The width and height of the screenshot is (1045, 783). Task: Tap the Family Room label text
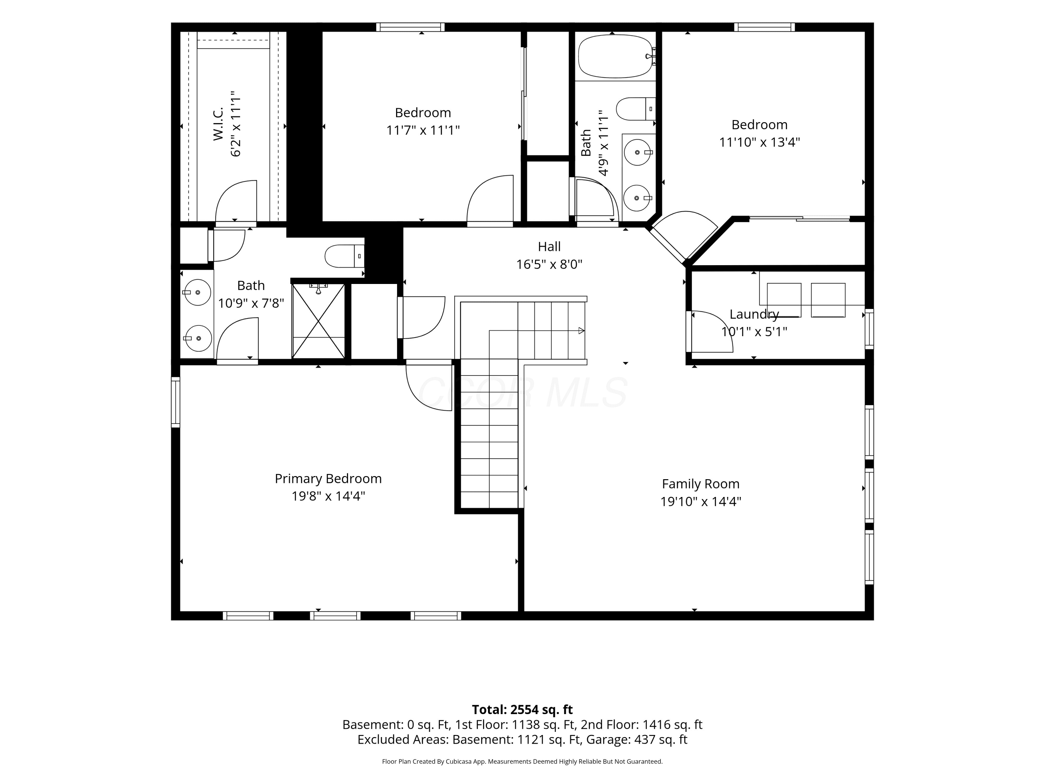700,484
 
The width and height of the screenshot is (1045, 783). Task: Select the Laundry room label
754,314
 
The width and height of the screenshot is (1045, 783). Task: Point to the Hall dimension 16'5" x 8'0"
549,264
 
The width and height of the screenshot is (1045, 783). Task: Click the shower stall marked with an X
318,321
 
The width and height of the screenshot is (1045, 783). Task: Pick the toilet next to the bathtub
636,109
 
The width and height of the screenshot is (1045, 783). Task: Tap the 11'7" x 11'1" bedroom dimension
423,130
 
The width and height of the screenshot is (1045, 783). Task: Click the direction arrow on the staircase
582,331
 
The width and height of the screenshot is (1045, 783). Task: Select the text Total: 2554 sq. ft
522,709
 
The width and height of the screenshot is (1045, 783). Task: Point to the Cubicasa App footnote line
522,761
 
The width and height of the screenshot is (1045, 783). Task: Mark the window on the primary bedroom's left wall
175,403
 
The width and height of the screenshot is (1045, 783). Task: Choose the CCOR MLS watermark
522,392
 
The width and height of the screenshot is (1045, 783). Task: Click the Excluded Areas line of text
522,739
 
